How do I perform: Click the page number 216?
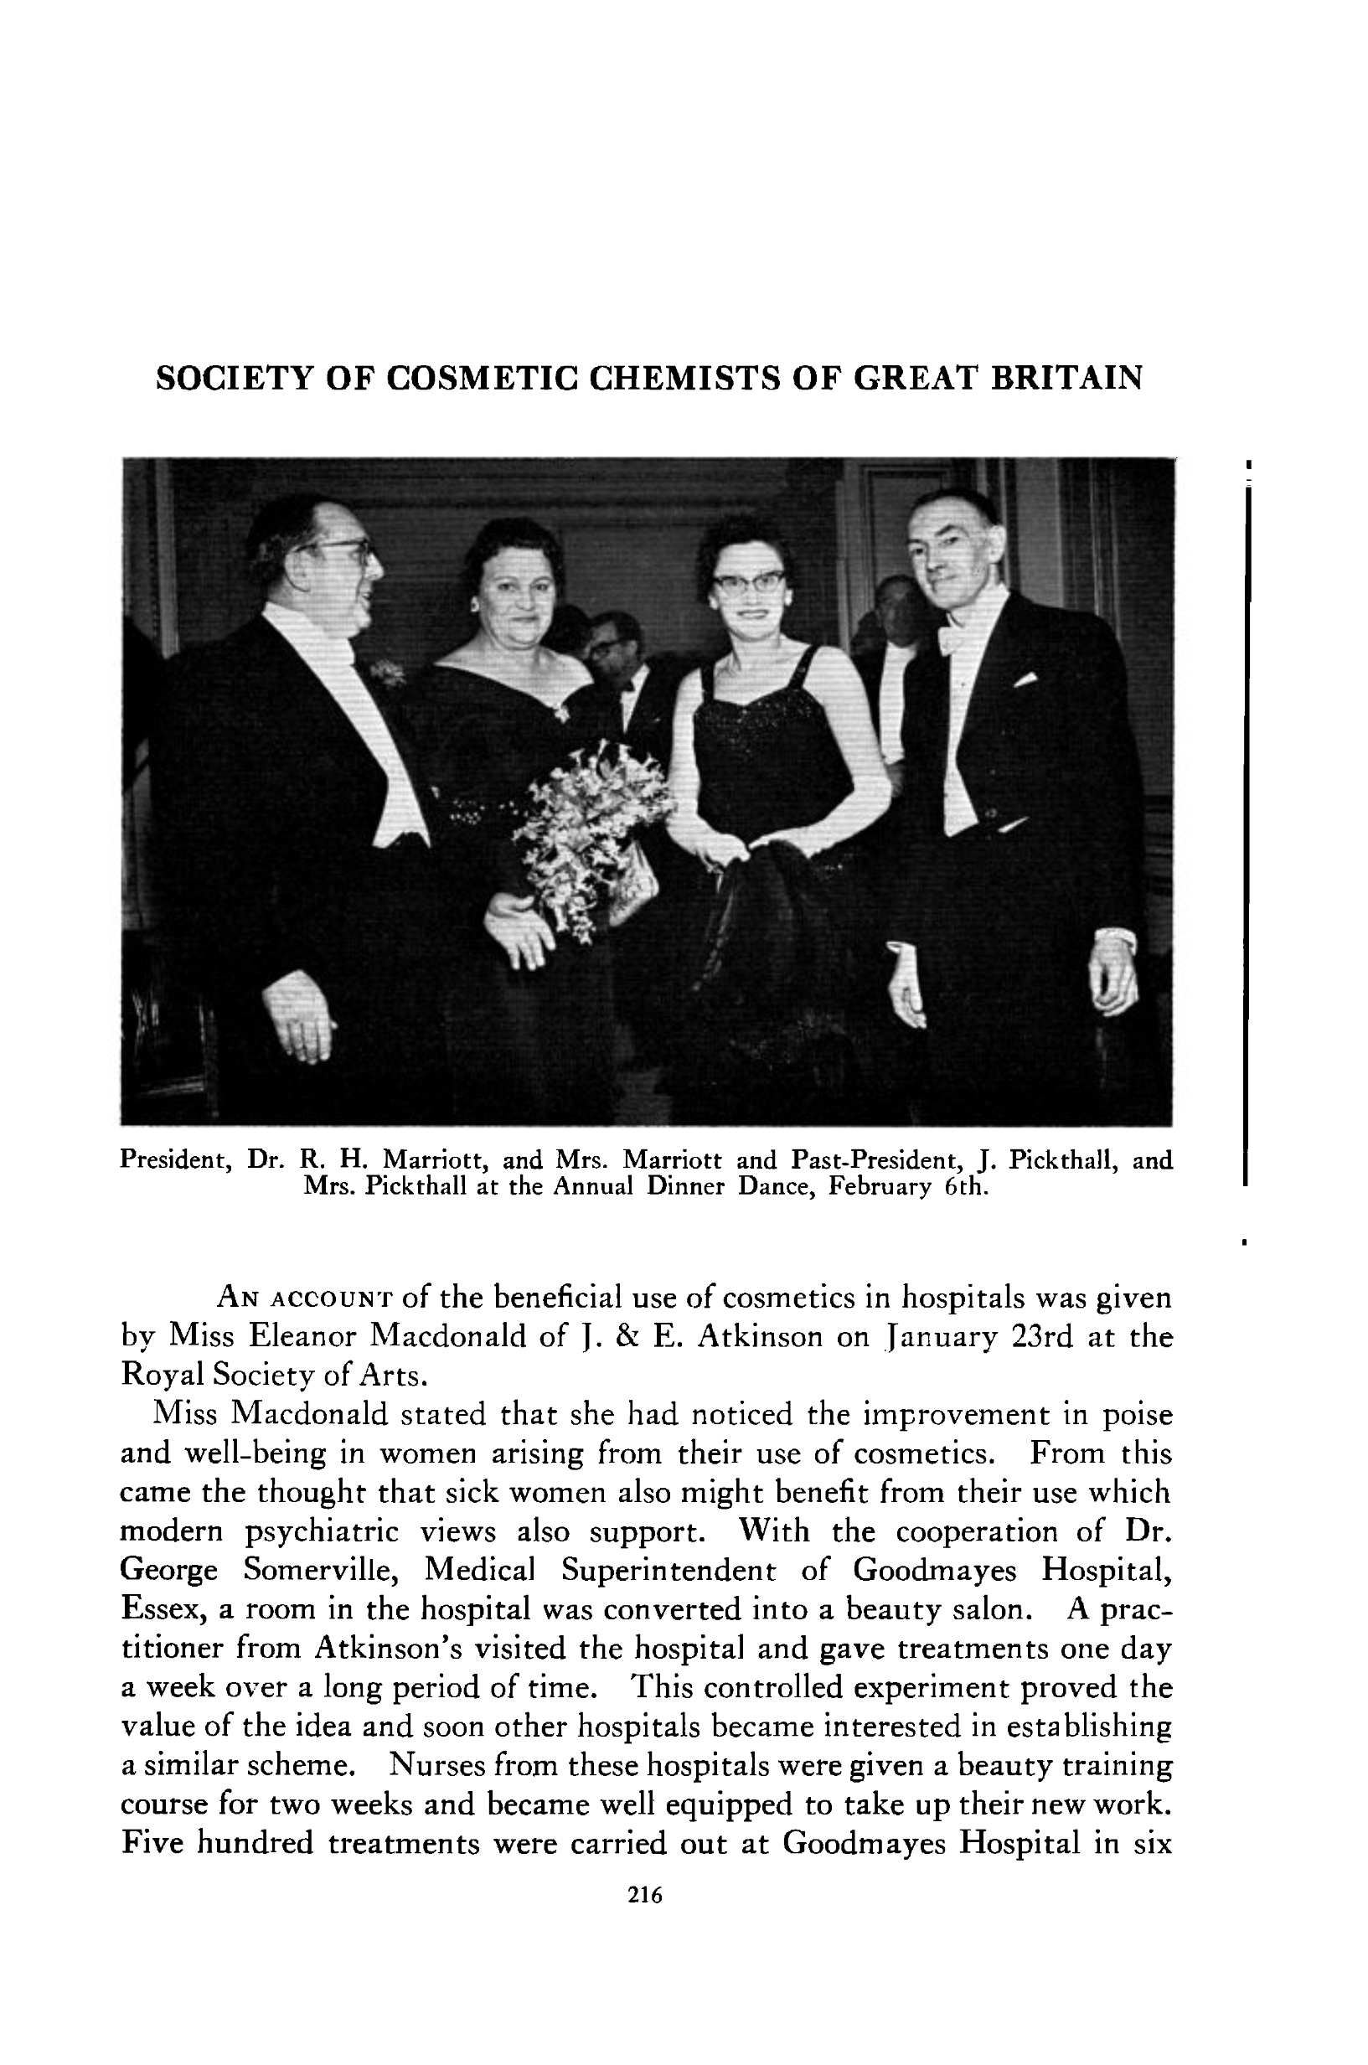pyautogui.click(x=646, y=1895)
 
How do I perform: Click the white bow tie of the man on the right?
pyautogui.click(x=954, y=637)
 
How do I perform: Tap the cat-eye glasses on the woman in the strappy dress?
pyautogui.click(x=748, y=583)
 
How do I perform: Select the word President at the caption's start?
pyautogui.click(x=174, y=1160)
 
